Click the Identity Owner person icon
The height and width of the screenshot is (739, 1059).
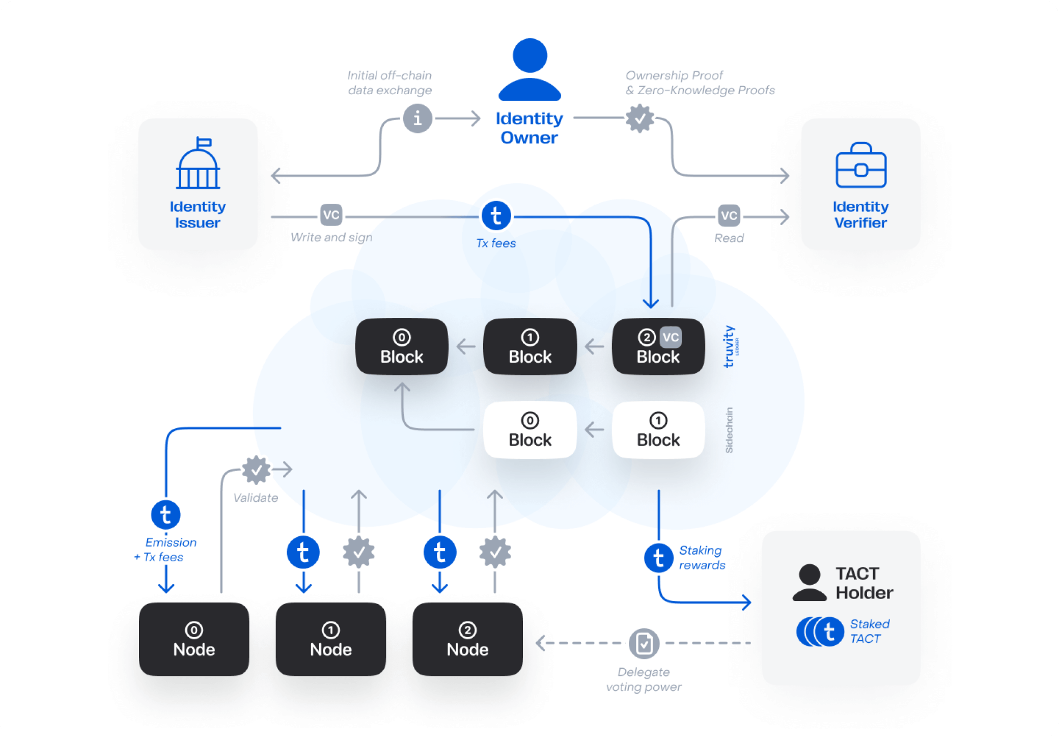coord(529,69)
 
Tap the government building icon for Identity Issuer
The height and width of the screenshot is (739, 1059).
coord(198,163)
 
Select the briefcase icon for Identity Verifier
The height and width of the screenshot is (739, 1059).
coord(861,165)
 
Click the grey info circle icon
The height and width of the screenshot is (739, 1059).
coord(417,118)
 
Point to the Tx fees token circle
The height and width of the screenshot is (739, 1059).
coord(496,215)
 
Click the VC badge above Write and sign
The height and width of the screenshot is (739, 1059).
coord(331,215)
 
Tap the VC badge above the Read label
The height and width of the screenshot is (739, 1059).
coord(729,215)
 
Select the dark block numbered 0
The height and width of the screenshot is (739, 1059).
coord(402,346)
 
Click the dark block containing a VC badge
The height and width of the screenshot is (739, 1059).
coord(658,346)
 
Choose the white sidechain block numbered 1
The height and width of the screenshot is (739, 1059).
coord(658,430)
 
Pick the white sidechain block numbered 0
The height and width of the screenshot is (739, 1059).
coord(530,430)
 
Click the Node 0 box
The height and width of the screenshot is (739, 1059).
coord(194,639)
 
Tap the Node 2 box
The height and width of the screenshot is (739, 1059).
coord(467,639)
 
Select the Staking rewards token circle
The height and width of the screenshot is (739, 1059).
coord(659,558)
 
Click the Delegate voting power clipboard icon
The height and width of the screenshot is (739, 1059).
coord(644,643)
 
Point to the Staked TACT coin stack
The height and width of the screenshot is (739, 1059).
coord(820,632)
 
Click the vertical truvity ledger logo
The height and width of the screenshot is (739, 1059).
coord(730,346)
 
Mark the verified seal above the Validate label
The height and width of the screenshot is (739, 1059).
coord(256,470)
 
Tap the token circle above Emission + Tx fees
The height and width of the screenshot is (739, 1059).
coord(165,514)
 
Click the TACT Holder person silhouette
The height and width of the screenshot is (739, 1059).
coord(810,583)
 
